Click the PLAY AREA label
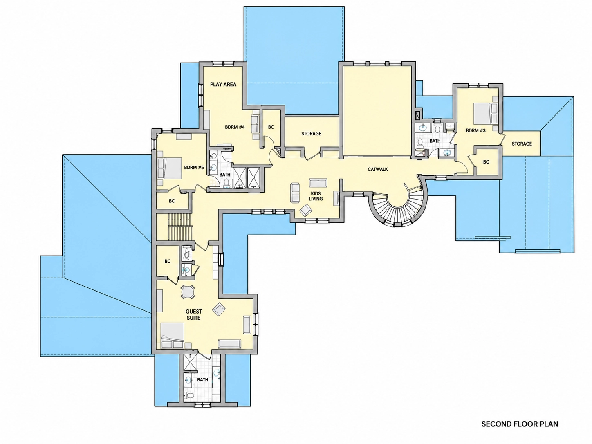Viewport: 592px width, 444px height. click(223, 84)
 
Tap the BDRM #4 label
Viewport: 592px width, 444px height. click(235, 127)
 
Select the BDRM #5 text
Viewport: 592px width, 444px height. click(194, 167)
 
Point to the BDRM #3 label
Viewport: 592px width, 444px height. click(475, 131)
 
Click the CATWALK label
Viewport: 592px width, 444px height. click(378, 170)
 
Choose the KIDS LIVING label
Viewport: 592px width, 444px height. click(316, 196)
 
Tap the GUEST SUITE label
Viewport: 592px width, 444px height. click(194, 314)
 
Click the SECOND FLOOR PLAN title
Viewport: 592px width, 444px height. click(520, 424)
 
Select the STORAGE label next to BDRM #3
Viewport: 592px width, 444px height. click(522, 144)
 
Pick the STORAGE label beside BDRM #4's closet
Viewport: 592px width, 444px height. click(311, 133)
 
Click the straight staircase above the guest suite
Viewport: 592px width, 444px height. click(179, 227)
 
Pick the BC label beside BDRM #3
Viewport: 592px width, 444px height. click(486, 162)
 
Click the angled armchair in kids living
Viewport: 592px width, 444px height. click(306, 210)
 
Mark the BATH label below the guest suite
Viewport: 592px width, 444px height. click(202, 380)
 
